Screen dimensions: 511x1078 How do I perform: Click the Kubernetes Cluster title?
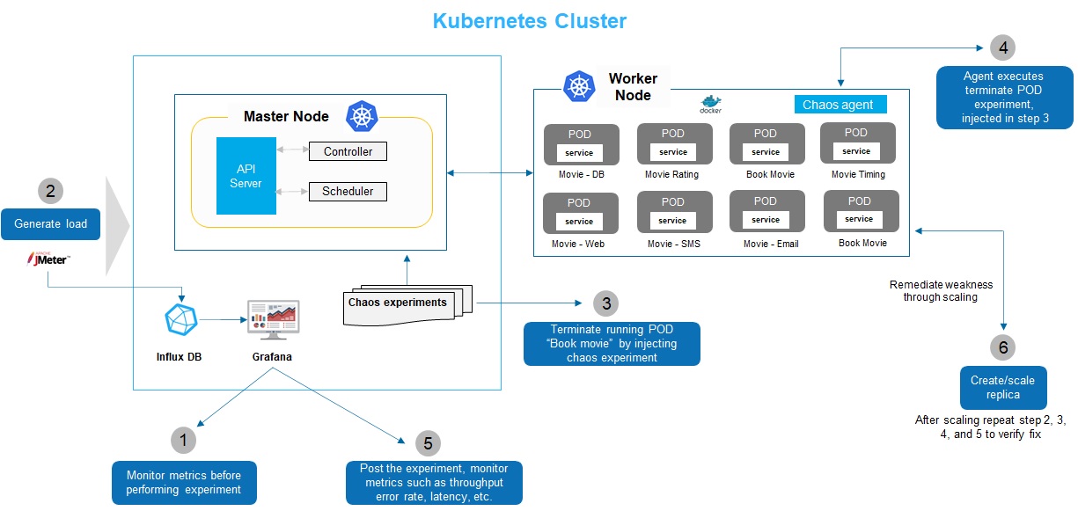click(529, 21)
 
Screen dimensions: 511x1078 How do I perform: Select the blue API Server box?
click(246, 175)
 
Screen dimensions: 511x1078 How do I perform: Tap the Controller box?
click(348, 151)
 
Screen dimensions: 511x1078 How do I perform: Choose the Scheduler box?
click(348, 191)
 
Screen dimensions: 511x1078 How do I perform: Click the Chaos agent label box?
click(838, 105)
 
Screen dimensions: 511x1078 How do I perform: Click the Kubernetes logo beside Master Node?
click(362, 116)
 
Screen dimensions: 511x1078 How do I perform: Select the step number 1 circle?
click(182, 440)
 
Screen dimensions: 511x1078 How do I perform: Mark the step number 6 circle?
click(1003, 347)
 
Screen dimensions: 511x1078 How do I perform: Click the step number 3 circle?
click(605, 303)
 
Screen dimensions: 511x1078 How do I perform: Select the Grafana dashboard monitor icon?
click(273, 320)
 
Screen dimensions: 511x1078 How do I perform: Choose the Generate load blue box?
click(51, 223)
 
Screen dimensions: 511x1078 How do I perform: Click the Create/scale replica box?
click(1003, 388)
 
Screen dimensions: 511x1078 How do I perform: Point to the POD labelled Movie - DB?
click(581, 144)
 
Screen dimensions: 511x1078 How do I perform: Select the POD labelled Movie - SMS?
click(674, 213)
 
